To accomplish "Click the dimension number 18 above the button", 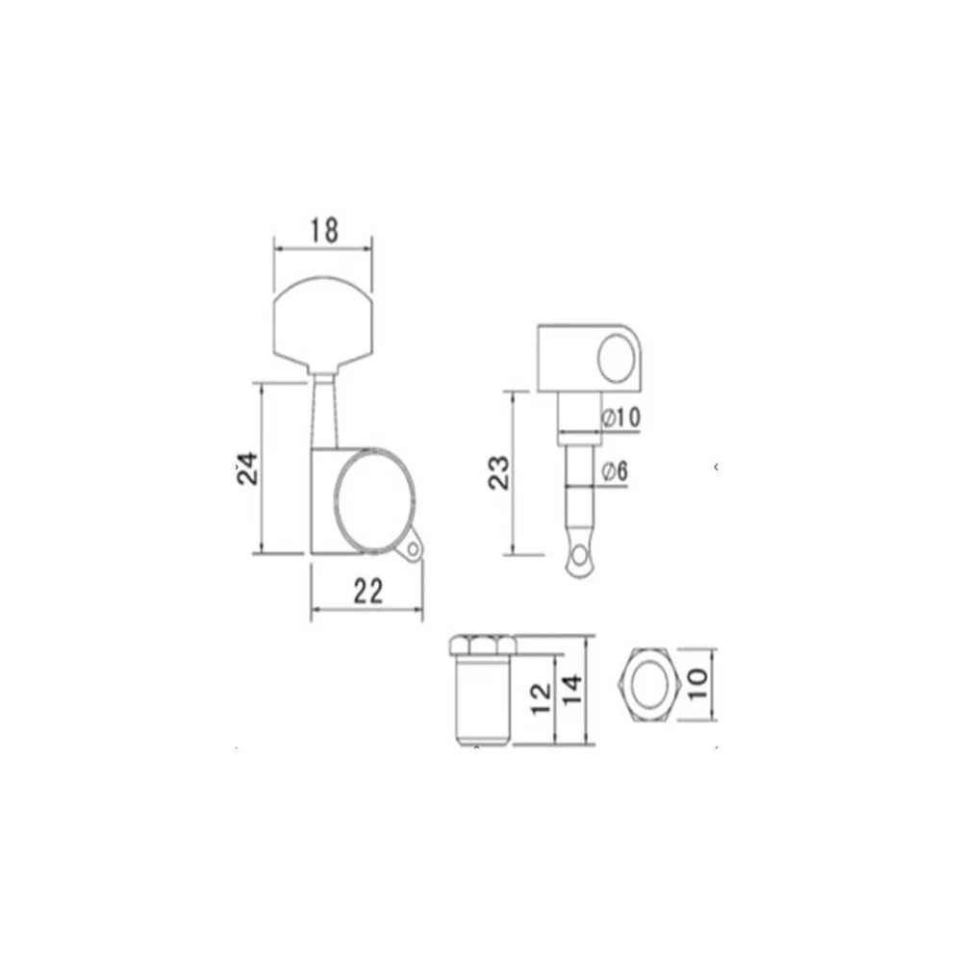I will [324, 230].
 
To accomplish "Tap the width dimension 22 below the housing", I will [367, 592].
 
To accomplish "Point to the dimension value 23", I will [498, 472].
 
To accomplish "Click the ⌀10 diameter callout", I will [620, 418].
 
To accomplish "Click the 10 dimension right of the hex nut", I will [697, 684].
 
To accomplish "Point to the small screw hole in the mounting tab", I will [414, 549].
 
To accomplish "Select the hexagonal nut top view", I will [649, 684].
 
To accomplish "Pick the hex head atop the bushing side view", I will [480, 645].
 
